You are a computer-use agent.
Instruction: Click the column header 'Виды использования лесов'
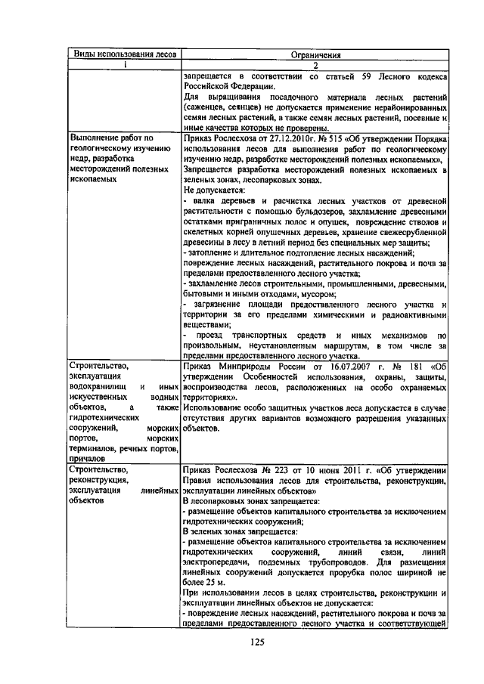tap(123, 54)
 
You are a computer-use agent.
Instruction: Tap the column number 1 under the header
tap(123, 65)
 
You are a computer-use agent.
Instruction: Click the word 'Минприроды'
tap(244, 366)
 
